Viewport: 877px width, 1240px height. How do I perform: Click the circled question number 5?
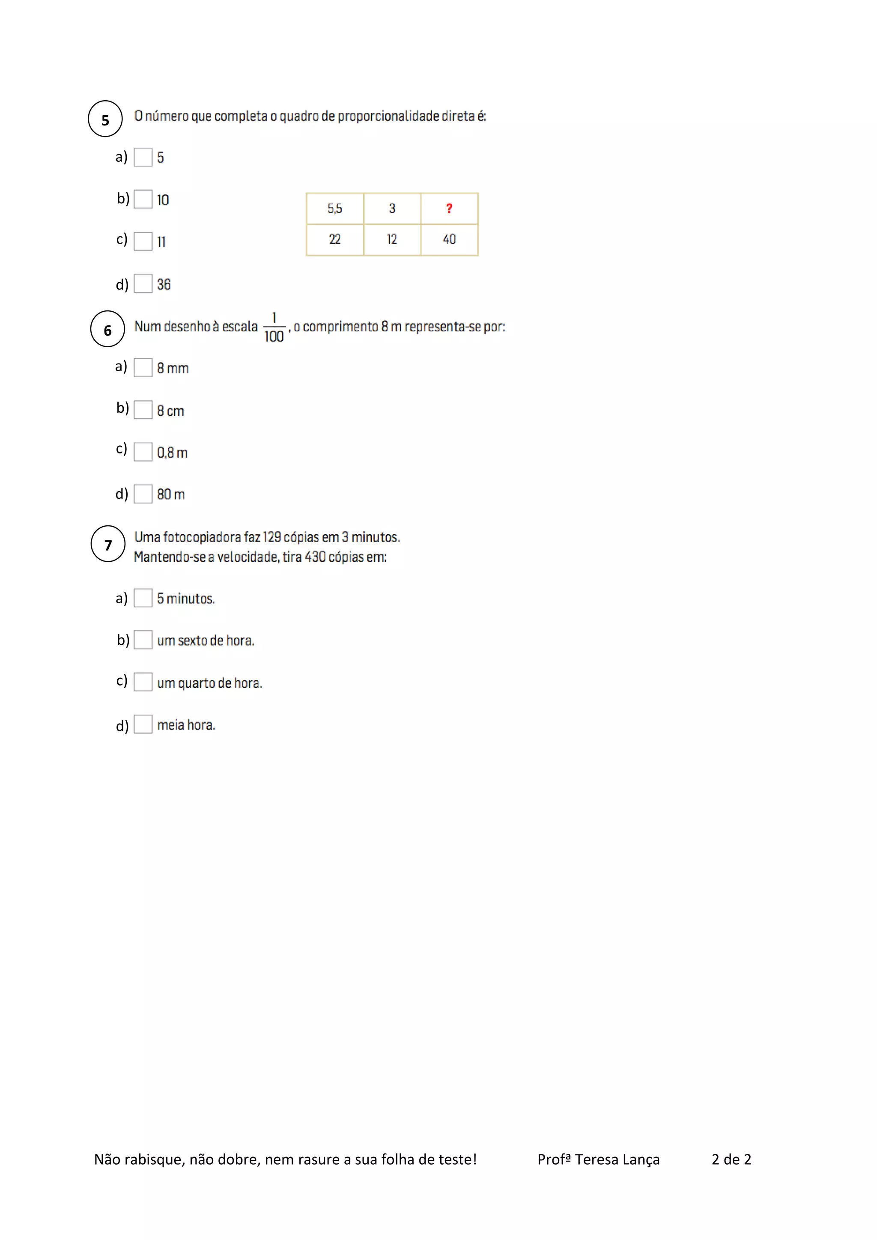105,119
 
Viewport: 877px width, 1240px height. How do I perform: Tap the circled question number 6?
107,329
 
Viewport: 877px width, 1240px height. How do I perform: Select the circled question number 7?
108,544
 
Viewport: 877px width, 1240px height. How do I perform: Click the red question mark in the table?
449,209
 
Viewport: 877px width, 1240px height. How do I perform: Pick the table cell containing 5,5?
335,209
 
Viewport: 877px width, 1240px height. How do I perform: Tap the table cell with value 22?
335,239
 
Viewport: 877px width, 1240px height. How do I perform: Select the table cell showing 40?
449,239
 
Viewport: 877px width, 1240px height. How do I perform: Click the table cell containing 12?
392,239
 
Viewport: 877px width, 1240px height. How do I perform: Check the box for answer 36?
143,283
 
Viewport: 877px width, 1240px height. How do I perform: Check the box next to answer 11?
143,241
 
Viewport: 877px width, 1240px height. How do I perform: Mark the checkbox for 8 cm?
143,409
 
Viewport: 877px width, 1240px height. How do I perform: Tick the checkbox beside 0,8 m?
143,451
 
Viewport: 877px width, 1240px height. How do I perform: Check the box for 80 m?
143,494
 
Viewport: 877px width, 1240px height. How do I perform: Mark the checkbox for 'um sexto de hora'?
143,640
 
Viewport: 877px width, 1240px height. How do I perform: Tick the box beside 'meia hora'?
143,724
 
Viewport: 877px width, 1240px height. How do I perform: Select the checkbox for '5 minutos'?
143,598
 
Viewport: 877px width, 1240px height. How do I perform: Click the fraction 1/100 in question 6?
274,327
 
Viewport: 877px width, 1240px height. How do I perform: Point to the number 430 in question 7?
315,557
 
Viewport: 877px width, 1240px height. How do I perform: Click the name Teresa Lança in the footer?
617,1160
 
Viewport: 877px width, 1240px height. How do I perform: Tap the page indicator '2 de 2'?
731,1160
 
